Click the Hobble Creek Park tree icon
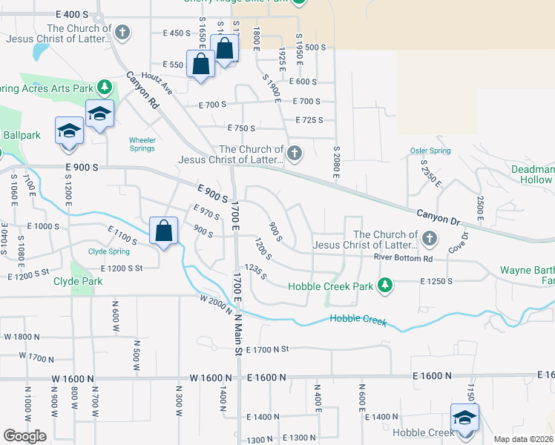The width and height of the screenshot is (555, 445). [x=384, y=286]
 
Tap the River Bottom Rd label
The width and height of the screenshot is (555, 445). [x=403, y=258]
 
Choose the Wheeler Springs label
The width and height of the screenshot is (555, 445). [x=142, y=144]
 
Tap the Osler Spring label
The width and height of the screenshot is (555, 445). [x=430, y=151]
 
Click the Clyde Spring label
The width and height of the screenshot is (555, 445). [x=109, y=251]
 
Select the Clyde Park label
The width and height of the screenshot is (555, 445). [x=78, y=282]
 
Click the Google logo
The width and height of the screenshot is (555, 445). [x=24, y=436]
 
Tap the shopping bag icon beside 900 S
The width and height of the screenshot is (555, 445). [x=162, y=231]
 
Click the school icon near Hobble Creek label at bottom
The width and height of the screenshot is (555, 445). [x=464, y=417]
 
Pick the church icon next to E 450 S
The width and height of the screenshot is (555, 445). [x=123, y=33]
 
